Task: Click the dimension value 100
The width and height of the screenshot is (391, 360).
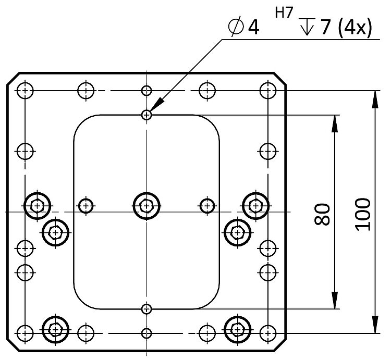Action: (364, 213)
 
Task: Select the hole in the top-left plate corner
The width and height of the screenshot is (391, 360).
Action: (25, 90)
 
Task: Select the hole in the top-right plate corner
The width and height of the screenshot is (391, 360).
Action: (268, 90)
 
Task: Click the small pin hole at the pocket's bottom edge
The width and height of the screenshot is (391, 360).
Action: (147, 308)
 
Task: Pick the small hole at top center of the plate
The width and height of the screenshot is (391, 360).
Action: (147, 90)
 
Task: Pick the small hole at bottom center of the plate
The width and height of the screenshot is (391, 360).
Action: (147, 332)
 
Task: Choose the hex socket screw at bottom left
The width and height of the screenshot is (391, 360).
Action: (55, 328)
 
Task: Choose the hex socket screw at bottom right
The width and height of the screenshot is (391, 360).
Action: (238, 328)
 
